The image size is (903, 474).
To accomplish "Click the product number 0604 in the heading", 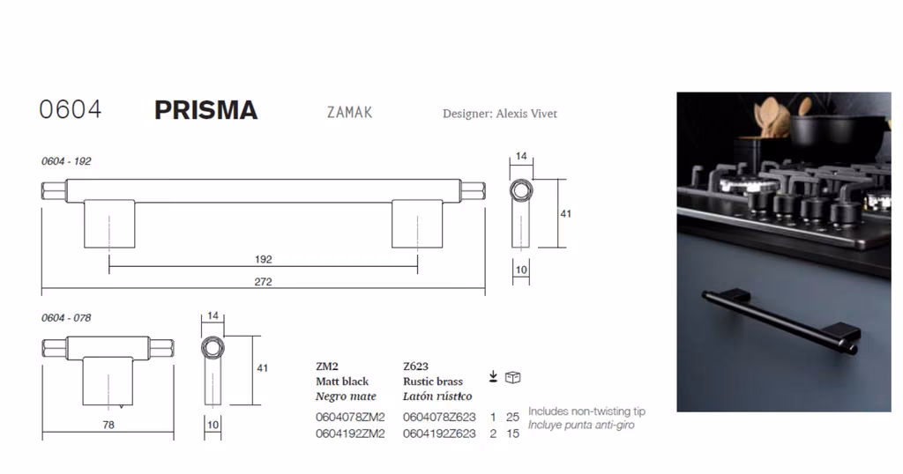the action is click(71, 109).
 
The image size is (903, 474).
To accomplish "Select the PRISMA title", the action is click(205, 110).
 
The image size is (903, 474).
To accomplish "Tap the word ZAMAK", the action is click(349, 112).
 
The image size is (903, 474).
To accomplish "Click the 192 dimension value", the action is click(263, 259).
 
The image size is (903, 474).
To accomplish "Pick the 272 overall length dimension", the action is click(263, 282).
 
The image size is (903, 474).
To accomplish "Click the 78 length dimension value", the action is click(108, 426).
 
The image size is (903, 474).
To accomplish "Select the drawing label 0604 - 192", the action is click(66, 161).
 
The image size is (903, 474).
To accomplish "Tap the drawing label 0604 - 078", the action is click(66, 318).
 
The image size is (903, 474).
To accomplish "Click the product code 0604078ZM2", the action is click(350, 417).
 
